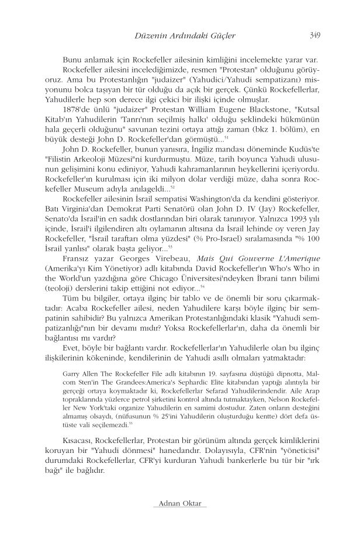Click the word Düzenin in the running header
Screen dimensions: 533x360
pos(150,36)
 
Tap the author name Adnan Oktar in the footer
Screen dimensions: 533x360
pos(179,504)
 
